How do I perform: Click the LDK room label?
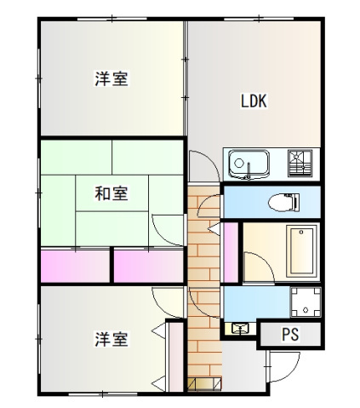pyautogui.click(x=254, y=101)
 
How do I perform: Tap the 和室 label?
pyautogui.click(x=111, y=194)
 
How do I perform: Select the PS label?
pyautogui.click(x=290, y=335)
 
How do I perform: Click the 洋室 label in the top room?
pyautogui.click(x=111, y=80)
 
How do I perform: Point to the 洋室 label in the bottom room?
pyautogui.click(x=111, y=339)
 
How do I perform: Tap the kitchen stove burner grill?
pyautogui.click(x=300, y=162)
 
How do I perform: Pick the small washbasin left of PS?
pyautogui.click(x=238, y=327)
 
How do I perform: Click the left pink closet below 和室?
pyautogui.click(x=75, y=265)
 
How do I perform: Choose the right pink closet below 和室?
pyautogui.click(x=148, y=265)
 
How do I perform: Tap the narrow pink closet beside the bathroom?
pyautogui.click(x=230, y=252)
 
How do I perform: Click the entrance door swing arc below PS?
pyautogui.click(x=283, y=366)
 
